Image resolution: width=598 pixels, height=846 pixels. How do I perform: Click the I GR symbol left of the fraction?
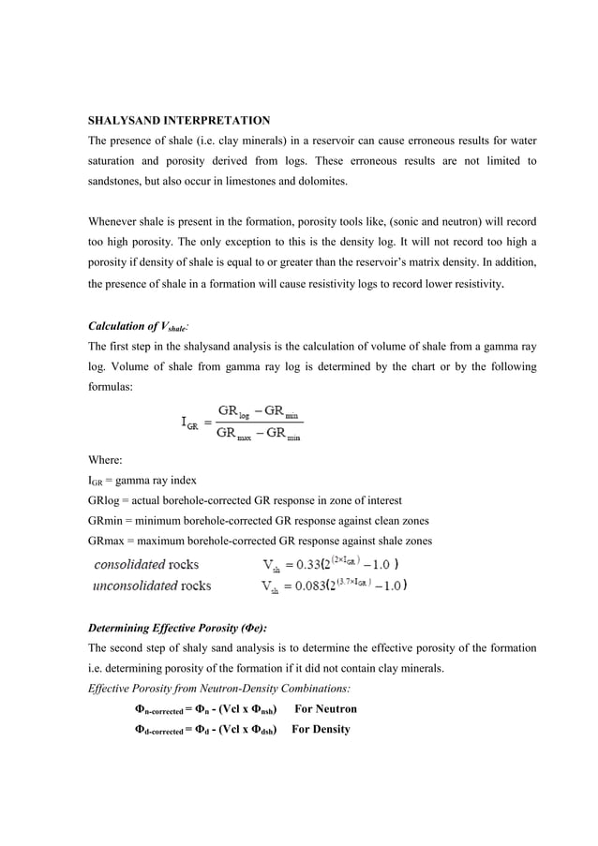189,422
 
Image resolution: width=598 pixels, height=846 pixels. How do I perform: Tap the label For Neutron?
325,709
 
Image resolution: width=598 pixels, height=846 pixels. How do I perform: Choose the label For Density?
321,729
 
